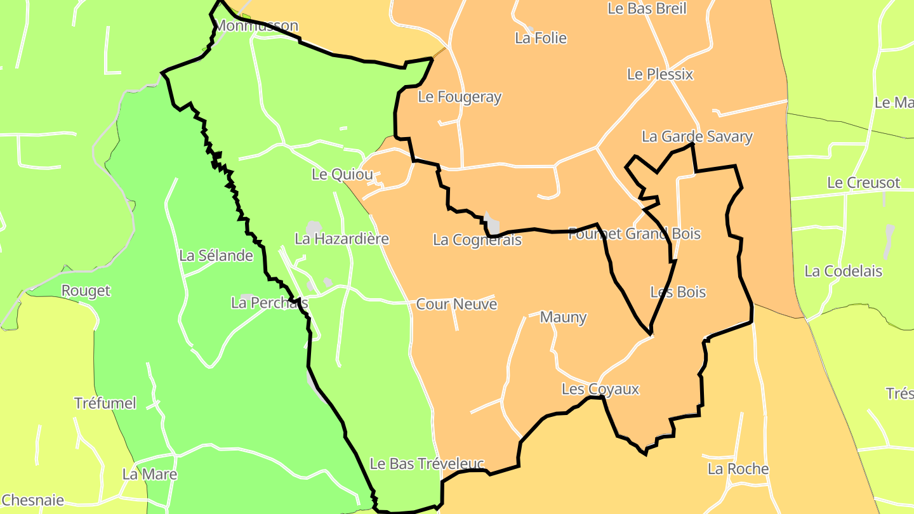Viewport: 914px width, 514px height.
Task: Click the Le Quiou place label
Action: pyautogui.click(x=342, y=175)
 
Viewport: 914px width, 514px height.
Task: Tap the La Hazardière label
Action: pyautogui.click(x=341, y=239)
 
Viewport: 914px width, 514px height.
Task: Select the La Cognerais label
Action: pyautogui.click(x=477, y=240)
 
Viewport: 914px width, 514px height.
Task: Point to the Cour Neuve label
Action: pyautogui.click(x=456, y=305)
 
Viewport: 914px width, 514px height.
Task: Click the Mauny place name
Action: pyautogui.click(x=563, y=317)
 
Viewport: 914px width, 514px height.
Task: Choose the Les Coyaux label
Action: pyautogui.click(x=600, y=390)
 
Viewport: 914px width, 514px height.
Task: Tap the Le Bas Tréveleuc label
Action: pyautogui.click(x=427, y=465)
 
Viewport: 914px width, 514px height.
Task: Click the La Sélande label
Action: pyautogui.click(x=216, y=256)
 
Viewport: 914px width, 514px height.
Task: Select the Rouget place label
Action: pyautogui.click(x=86, y=291)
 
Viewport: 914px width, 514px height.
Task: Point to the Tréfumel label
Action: pyautogui.click(x=105, y=404)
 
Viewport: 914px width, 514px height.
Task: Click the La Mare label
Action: pyautogui.click(x=149, y=474)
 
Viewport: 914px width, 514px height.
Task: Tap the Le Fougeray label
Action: pyautogui.click(x=460, y=97)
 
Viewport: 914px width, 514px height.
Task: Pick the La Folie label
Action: pyautogui.click(x=541, y=38)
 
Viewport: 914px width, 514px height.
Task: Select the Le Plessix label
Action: pyautogui.click(x=660, y=74)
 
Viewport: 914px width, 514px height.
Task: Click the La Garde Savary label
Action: pyautogui.click(x=697, y=136)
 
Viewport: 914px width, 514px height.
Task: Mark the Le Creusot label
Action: pyautogui.click(x=863, y=183)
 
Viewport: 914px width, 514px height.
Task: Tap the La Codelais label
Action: pyautogui.click(x=843, y=271)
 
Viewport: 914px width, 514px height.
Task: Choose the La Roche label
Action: pyautogui.click(x=738, y=469)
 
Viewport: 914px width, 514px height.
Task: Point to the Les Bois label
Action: pyautogui.click(x=678, y=293)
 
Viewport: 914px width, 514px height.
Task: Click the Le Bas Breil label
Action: pyautogui.click(x=647, y=8)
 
